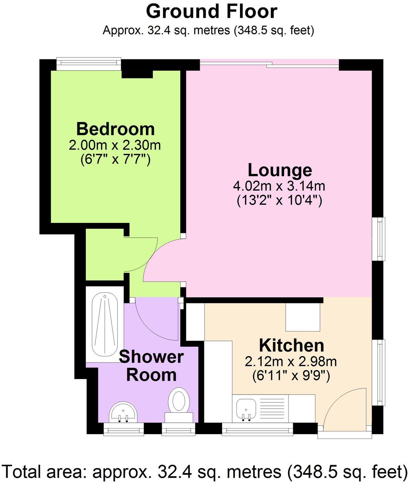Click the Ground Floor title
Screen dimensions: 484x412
pos(211,11)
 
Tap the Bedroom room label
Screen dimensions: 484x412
pos(115,129)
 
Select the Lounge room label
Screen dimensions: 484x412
pos(280,170)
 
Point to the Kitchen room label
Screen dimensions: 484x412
pos(291,345)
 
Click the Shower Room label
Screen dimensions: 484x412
pos(151,366)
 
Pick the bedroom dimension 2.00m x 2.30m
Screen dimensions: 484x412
pos(115,145)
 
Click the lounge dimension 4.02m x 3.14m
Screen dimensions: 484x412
pos(279,186)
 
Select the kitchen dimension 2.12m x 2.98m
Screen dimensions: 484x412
pos(291,362)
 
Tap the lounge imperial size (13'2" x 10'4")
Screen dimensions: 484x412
pos(279,200)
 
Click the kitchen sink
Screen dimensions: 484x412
pos(246,409)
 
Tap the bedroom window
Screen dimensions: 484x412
pos(89,62)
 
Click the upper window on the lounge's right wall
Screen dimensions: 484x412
pos(380,239)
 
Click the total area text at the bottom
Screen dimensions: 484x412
pos(205,471)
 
